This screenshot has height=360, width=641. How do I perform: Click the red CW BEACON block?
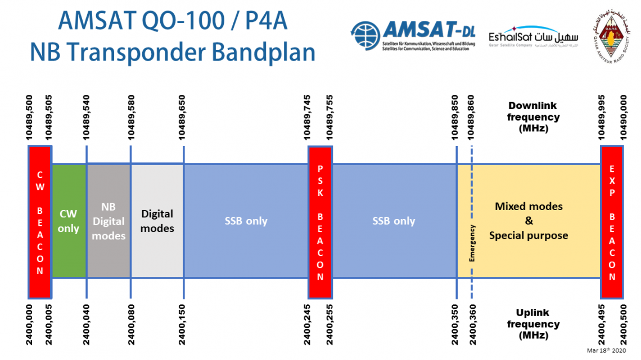(x=40, y=221)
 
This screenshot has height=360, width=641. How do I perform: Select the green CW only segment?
(x=69, y=221)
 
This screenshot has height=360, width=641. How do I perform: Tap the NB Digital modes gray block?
(x=109, y=221)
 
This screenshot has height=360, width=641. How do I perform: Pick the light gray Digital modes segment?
(x=157, y=221)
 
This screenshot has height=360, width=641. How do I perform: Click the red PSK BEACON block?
(x=320, y=221)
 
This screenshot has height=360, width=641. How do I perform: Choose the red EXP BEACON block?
(x=612, y=221)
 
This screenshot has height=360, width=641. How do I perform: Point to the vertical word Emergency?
(x=472, y=243)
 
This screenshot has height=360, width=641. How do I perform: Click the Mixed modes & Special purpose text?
(x=529, y=221)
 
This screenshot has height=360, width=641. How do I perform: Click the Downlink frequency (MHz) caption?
(x=533, y=117)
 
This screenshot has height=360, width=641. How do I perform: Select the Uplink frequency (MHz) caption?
(x=533, y=324)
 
